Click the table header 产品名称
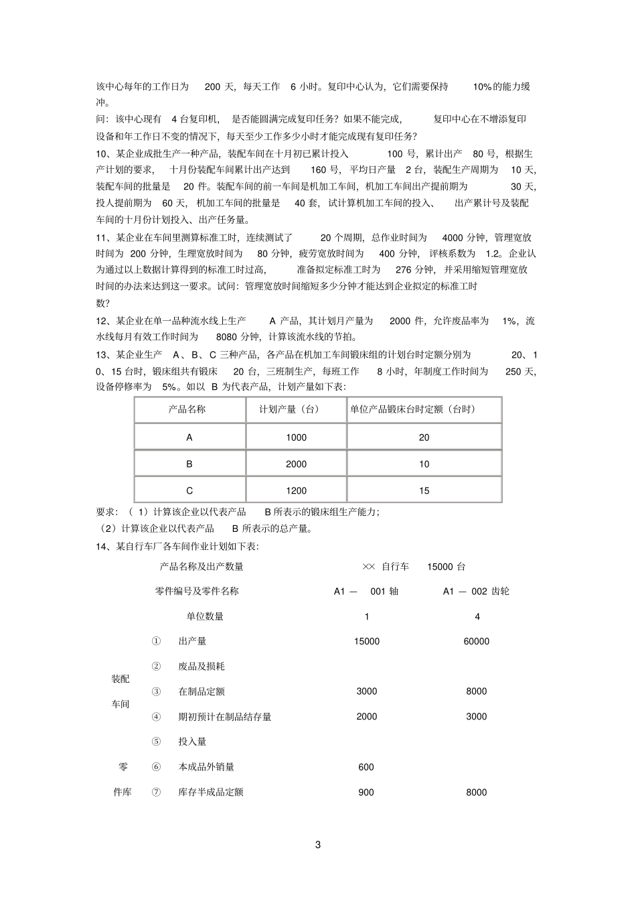pyautogui.click(x=187, y=409)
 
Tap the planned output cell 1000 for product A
pyautogui.click(x=296, y=437)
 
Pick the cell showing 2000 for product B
pyautogui.click(x=296, y=464)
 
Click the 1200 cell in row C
pyautogui.click(x=296, y=491)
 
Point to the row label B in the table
pyautogui.click(x=189, y=464)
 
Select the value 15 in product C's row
pyautogui.click(x=424, y=491)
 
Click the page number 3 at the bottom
pyautogui.click(x=318, y=845)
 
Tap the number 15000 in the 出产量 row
pyautogui.click(x=366, y=641)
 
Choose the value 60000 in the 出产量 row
pyautogui.click(x=476, y=641)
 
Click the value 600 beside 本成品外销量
pyautogui.click(x=366, y=767)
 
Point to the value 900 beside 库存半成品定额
pyautogui.click(x=366, y=792)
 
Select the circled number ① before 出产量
pyautogui.click(x=156, y=641)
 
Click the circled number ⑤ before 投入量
pyautogui.click(x=156, y=742)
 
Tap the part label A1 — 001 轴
pyautogui.click(x=366, y=592)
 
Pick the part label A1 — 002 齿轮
pyautogui.click(x=476, y=592)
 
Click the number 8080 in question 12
pyautogui.click(x=228, y=338)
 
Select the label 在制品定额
pyautogui.click(x=202, y=691)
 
